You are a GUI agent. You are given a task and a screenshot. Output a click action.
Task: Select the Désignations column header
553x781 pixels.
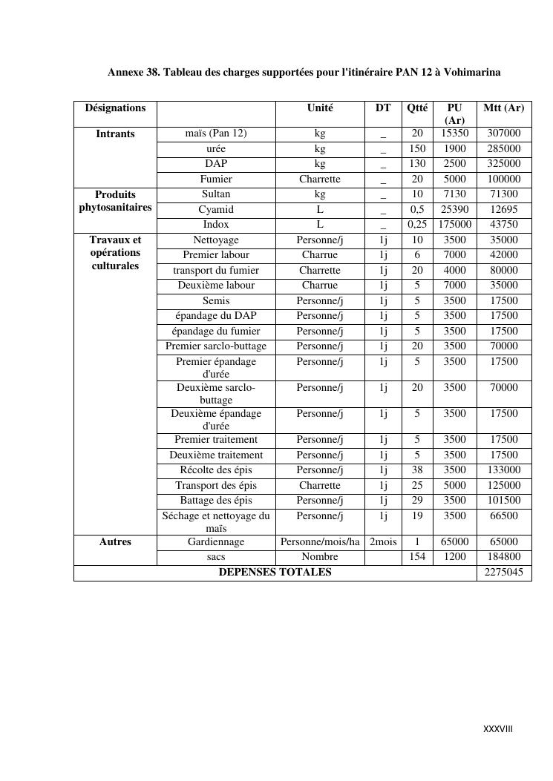coord(115,108)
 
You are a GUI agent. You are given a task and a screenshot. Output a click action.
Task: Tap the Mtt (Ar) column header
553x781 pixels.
coord(503,108)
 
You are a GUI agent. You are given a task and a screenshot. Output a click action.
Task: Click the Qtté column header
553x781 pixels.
coord(417,108)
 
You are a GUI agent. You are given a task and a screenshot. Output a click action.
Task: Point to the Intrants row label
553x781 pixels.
coord(115,134)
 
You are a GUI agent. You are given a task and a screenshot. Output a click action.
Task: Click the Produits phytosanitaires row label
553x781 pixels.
coord(115,201)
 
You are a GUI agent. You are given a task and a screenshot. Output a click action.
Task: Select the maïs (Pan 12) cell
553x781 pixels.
coord(216,134)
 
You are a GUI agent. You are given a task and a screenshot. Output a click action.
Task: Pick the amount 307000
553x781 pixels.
coord(503,134)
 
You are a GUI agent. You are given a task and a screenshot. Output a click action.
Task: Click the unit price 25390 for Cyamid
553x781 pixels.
coord(454,209)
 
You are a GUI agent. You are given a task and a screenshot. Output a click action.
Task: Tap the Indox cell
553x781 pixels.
coord(216,224)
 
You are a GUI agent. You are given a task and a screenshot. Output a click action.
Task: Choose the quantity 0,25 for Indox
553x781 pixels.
coord(417,224)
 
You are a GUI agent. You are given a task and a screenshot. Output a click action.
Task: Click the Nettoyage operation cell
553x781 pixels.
coord(216,240)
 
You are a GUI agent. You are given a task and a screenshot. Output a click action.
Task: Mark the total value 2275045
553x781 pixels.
coord(503,573)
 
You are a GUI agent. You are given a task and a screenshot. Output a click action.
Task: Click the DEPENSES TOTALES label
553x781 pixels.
coord(275,572)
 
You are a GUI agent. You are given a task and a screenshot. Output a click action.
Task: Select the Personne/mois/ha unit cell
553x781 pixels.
coord(320,541)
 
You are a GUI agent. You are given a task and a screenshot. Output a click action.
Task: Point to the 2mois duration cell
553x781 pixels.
coord(383,541)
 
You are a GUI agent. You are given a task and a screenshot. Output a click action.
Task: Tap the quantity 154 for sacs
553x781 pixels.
coord(417,556)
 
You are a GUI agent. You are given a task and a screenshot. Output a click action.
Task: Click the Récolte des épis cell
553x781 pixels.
coord(216,469)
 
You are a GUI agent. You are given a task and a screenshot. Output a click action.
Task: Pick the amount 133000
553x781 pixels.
coord(503,469)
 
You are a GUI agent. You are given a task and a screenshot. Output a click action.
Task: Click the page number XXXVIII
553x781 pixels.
coord(497,728)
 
